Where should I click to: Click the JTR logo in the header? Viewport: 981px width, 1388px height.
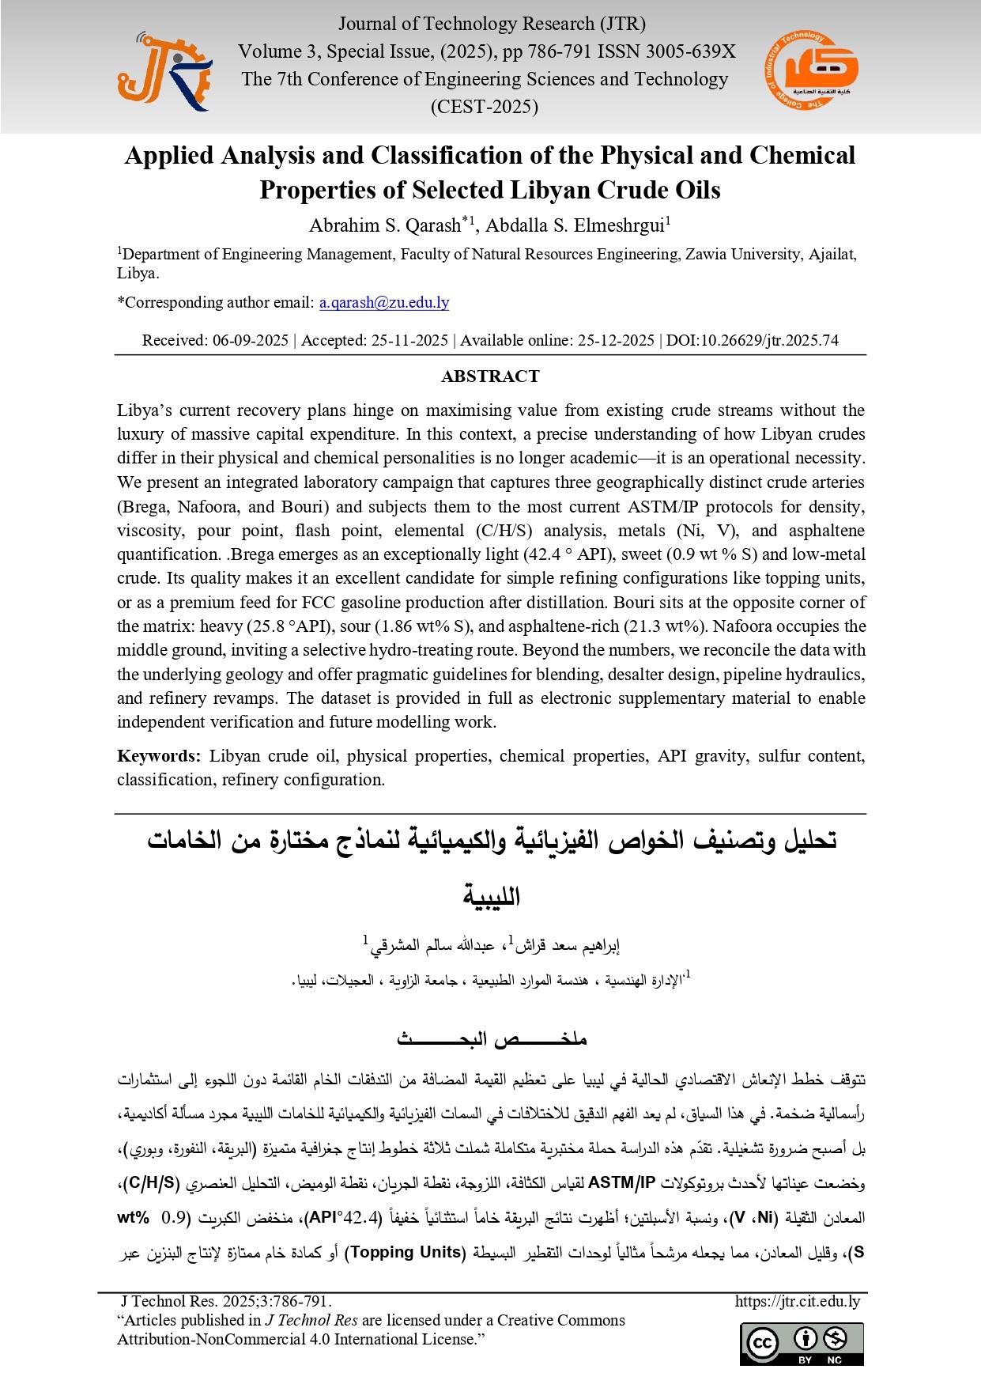(165, 71)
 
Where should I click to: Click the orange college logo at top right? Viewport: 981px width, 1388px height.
(811, 70)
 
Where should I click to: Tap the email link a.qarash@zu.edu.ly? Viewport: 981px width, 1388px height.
(384, 302)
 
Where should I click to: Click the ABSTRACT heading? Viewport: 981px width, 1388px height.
(490, 376)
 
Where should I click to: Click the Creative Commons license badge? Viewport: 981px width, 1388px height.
(802, 1343)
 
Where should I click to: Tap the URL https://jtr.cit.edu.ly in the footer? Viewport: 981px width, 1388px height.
(797, 1301)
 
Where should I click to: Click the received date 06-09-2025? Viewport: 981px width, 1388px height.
(250, 340)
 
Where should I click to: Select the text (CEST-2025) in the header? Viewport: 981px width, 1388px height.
(484, 107)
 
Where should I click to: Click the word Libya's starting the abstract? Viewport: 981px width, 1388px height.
(145, 410)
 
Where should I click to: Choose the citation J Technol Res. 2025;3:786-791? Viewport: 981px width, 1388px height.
(226, 1301)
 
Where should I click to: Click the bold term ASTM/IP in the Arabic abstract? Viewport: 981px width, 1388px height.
(622, 1182)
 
